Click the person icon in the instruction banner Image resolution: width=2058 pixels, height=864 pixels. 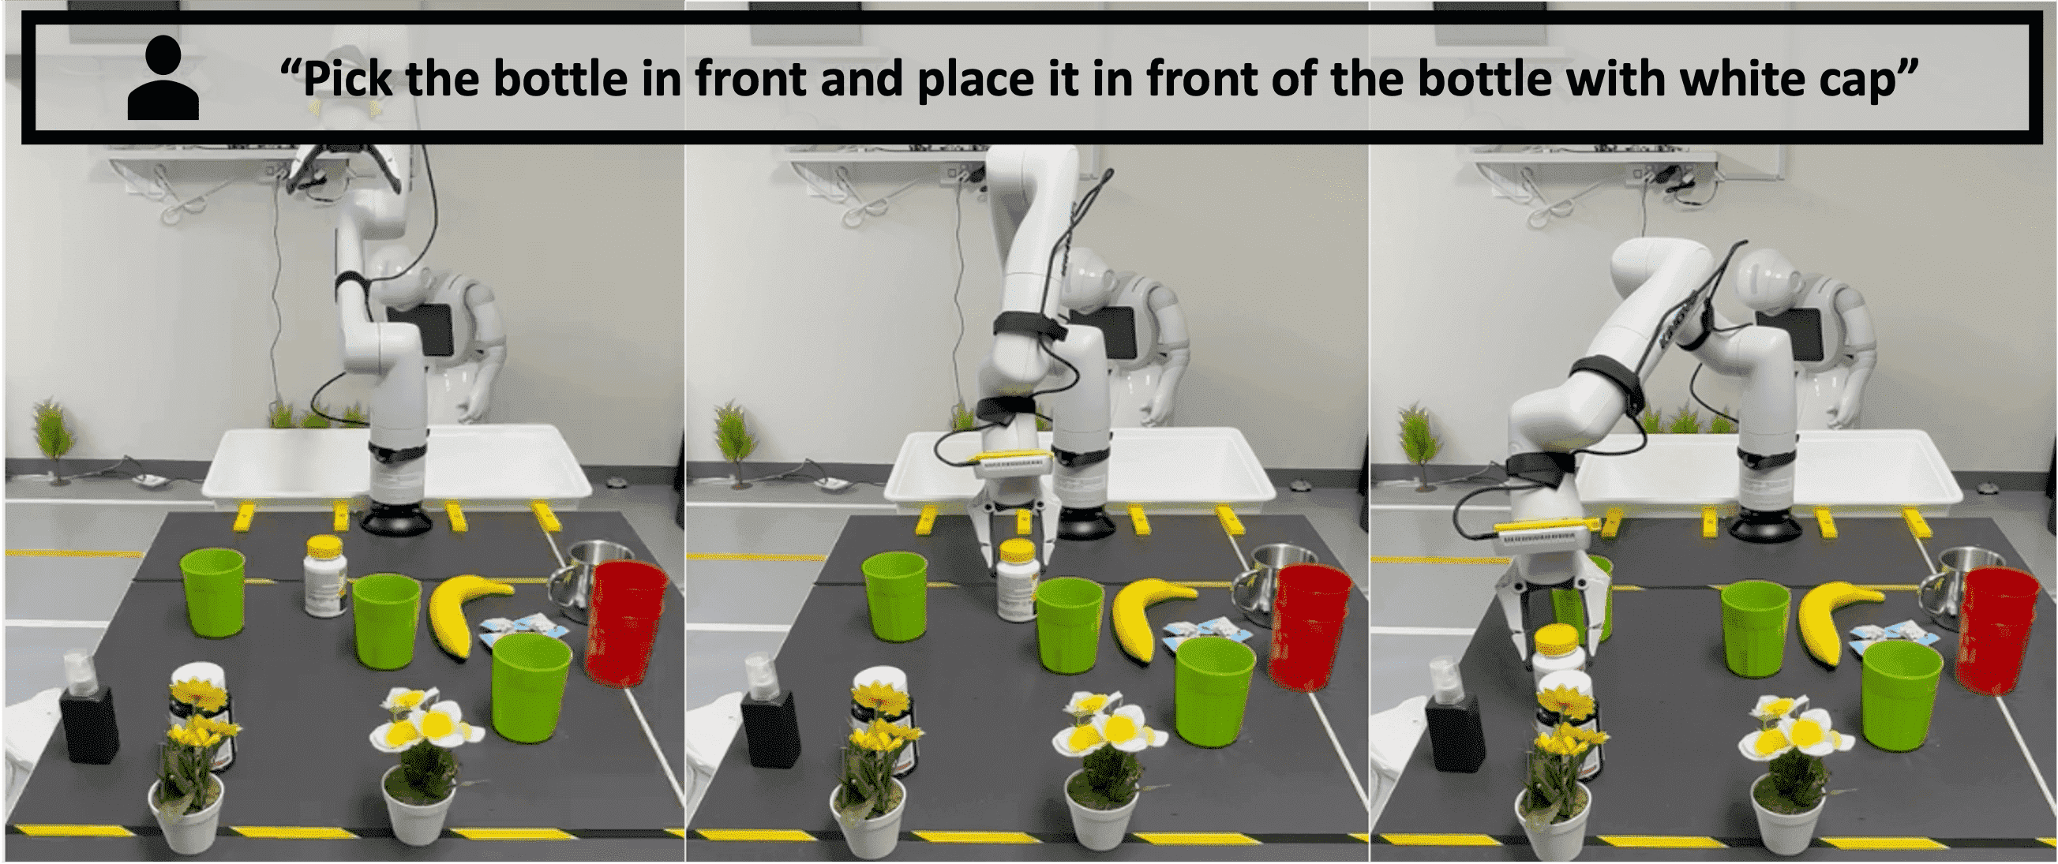click(x=163, y=80)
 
